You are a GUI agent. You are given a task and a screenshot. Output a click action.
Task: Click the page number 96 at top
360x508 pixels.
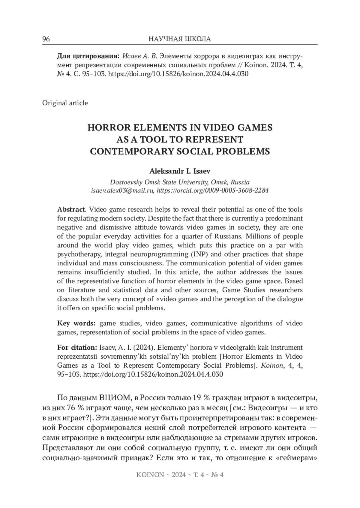(46, 39)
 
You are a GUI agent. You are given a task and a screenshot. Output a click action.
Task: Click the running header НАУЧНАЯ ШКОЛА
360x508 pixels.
(180, 39)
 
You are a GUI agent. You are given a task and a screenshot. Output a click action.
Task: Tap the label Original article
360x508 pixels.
(65, 103)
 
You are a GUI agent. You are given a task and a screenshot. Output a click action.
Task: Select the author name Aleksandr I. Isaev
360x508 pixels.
(180, 171)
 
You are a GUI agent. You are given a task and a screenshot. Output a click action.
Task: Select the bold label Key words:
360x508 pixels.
(76, 323)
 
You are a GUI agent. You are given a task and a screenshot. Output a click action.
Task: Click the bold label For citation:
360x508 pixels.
(76, 348)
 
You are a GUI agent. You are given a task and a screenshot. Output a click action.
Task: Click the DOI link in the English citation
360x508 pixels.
(153, 375)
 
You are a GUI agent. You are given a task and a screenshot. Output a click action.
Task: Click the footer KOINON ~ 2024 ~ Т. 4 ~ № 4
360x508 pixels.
(180, 475)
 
